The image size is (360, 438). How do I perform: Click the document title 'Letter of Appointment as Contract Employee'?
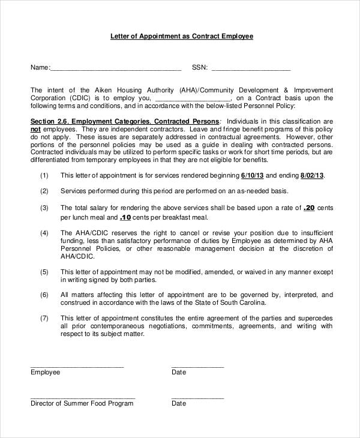pos(182,36)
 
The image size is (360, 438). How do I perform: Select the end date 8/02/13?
pos(311,176)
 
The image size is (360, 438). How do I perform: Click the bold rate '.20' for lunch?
pos(309,208)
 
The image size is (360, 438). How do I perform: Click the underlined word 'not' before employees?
pos(35,128)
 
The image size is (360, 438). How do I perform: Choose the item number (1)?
pos(44,176)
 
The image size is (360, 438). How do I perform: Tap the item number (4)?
pos(44,232)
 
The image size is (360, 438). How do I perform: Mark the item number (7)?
pos(44,317)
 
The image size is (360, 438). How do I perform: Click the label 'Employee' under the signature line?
pos(46,372)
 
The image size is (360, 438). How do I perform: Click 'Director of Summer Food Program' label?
pos(82,404)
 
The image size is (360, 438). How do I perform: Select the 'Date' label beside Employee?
pos(179,372)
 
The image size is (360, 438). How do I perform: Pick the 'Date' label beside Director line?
pos(179,404)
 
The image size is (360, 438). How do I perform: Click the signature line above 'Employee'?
pos(77,366)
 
